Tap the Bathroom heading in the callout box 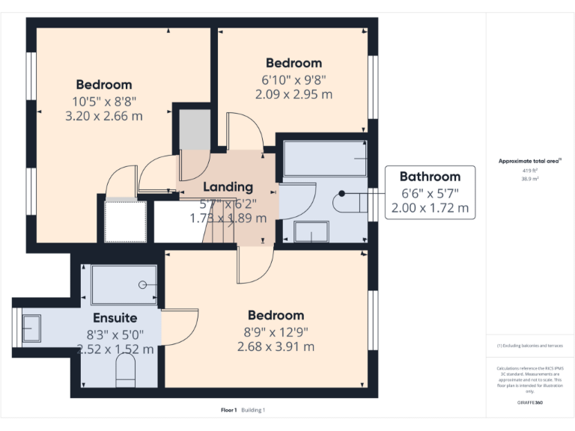click(x=430, y=177)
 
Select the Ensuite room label click(x=115, y=318)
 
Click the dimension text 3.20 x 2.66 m click(x=104, y=116)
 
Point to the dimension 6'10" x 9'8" click(x=293, y=79)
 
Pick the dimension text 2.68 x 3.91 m click(x=276, y=346)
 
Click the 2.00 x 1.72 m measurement click(x=430, y=209)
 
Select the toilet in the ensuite click(x=126, y=370)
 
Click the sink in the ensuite click(x=31, y=328)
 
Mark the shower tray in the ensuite click(x=124, y=284)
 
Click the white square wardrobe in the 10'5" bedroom click(x=125, y=221)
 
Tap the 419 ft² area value click(x=530, y=171)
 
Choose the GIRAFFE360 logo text click(x=530, y=402)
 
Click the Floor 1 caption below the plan click(x=228, y=410)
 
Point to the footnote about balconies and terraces click(x=530, y=346)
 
